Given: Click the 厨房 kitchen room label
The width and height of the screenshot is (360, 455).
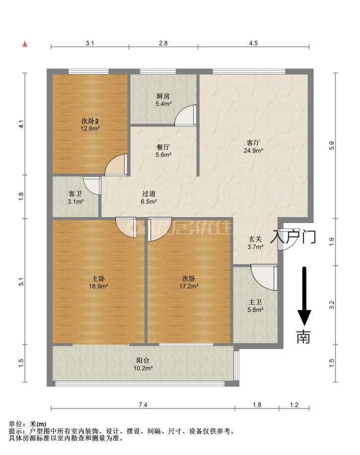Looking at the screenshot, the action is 163,96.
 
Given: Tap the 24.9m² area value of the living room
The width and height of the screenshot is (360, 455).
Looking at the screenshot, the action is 253,150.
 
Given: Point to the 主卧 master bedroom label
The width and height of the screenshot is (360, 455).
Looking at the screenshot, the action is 98,279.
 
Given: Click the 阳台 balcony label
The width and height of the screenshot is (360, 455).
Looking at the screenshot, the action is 143,360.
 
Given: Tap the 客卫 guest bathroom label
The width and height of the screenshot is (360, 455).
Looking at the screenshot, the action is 75,194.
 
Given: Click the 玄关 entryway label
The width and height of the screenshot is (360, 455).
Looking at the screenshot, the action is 255,239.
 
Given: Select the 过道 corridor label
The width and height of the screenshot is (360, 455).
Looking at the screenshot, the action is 149,194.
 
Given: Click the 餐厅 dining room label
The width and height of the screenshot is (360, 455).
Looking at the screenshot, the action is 163,147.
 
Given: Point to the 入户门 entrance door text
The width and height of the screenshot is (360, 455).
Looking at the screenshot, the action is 293,236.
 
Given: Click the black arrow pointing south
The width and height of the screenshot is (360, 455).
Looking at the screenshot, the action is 304,296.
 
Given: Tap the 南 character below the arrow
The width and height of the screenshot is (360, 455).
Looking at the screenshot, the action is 303,337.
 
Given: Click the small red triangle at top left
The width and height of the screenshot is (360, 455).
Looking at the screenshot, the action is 25,44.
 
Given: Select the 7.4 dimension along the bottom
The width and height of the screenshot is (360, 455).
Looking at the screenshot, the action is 143,404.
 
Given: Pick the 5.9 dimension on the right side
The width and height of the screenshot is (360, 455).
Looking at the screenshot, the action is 332,145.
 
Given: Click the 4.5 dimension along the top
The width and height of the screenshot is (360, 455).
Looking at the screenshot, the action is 253,43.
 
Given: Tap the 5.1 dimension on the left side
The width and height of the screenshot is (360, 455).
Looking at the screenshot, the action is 21,282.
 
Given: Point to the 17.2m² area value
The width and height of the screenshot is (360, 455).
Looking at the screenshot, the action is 189,286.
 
